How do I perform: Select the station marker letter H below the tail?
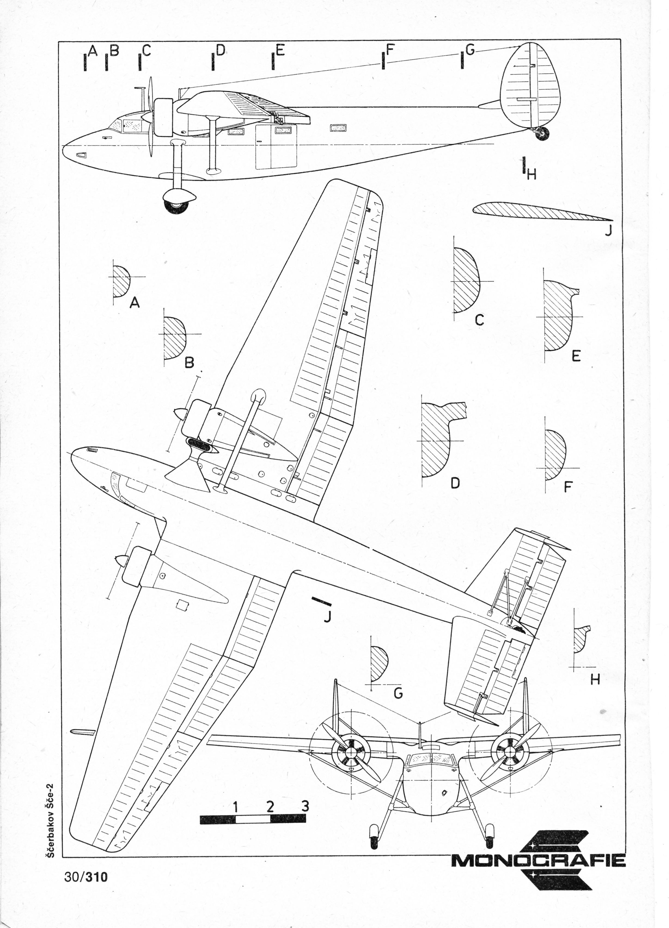point(531,175)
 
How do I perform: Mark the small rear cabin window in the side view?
point(338,128)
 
